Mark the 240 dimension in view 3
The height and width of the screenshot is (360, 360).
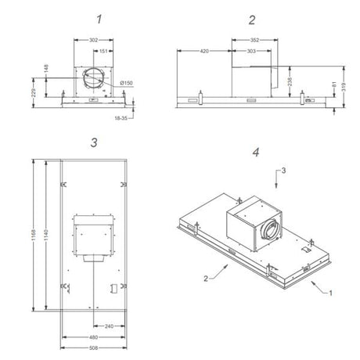[x=109, y=326]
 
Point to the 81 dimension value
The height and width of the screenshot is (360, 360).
[x=314, y=85]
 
